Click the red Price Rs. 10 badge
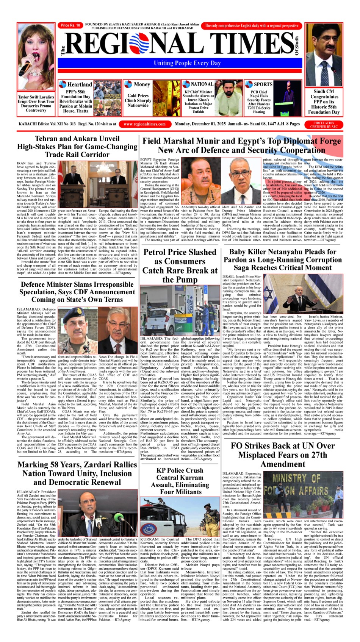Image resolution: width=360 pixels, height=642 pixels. point(70,25)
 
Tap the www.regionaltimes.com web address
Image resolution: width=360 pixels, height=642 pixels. point(144,124)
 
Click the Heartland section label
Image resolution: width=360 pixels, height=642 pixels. point(79,84)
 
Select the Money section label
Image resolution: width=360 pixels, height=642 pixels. point(142,84)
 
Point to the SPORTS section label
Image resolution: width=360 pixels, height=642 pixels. point(263,84)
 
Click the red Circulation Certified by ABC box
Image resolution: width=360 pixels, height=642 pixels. point(324,125)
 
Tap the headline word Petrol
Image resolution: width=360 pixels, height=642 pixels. point(159,252)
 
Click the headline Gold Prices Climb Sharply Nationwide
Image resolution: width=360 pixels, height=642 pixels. point(138,100)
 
